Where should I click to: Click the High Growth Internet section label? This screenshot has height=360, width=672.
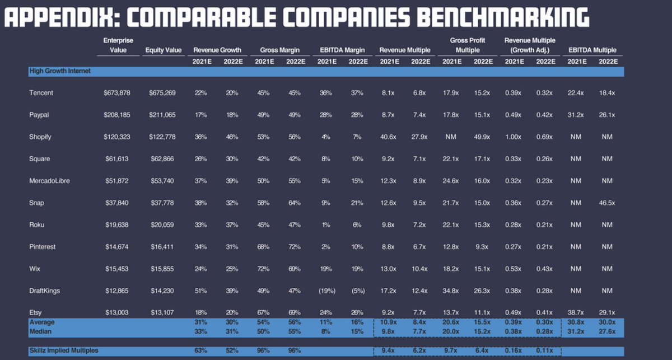(x=60, y=71)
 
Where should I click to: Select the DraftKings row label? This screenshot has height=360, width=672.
(x=44, y=291)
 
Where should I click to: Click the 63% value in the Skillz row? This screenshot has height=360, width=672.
(x=200, y=350)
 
